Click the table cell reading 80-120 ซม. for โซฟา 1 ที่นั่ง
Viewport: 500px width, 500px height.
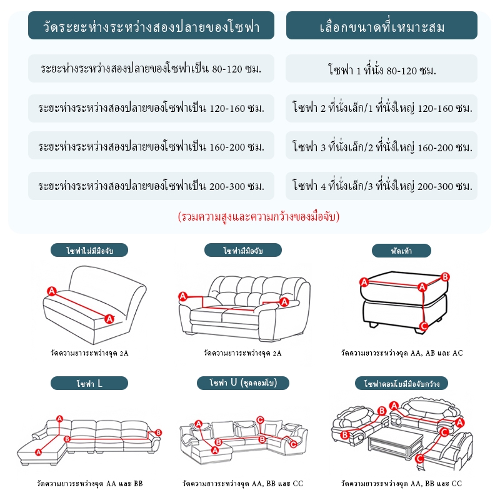click(381, 69)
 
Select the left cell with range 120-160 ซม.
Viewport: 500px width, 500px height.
click(151, 108)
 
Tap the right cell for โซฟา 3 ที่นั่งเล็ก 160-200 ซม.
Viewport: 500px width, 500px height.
click(381, 146)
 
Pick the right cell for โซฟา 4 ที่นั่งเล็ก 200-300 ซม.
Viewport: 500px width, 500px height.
click(381, 186)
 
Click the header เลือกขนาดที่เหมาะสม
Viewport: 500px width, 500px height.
click(382, 26)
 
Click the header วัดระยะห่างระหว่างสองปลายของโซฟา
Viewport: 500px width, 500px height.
click(151, 26)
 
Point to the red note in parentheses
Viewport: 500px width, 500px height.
click(259, 217)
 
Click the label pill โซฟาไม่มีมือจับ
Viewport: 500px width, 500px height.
click(89, 251)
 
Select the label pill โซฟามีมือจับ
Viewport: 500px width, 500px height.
click(243, 251)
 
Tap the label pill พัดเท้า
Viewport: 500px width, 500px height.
click(401, 251)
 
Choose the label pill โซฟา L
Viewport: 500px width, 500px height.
click(89, 383)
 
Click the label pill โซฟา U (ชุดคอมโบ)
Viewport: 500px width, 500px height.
click(243, 383)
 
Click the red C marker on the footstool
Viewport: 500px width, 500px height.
click(424, 326)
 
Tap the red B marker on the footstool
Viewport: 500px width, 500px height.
click(445, 277)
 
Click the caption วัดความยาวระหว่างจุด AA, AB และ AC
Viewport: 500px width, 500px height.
click(402, 353)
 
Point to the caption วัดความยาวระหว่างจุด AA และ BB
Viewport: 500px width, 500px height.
click(89, 484)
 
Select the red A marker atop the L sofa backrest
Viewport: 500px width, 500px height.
click(59, 419)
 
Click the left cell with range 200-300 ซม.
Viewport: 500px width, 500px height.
click(151, 186)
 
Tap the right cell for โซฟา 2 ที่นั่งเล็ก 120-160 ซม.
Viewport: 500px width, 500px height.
click(381, 108)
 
